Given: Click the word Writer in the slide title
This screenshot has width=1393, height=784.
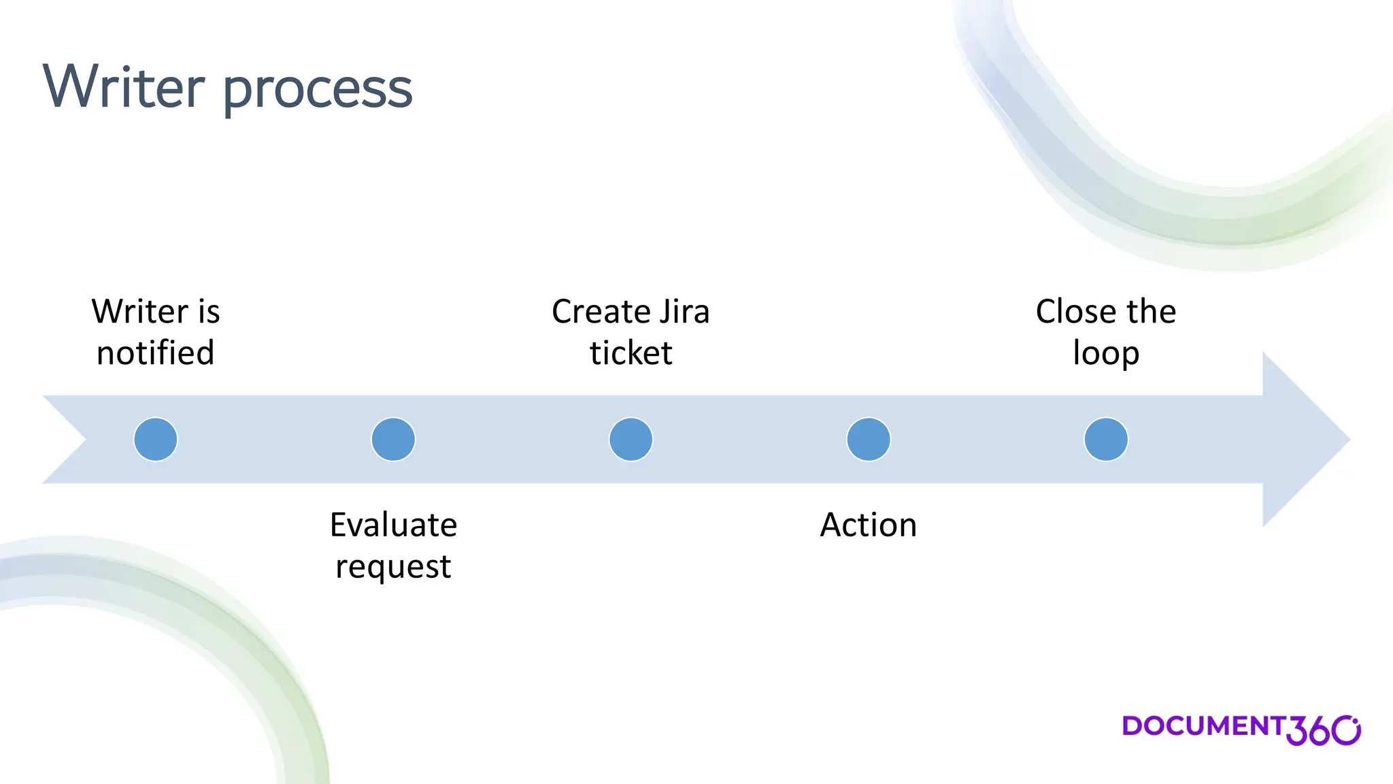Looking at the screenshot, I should [124, 87].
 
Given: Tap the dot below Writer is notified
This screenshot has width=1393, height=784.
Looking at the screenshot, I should [156, 440].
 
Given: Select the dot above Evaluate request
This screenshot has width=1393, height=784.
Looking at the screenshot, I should [393, 440].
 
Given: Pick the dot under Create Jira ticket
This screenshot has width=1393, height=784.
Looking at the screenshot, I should [631, 440].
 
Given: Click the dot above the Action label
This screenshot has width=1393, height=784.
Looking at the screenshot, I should [869, 440].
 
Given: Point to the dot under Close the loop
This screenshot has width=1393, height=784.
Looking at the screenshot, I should [1106, 440].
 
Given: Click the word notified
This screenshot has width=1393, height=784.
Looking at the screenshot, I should [156, 353].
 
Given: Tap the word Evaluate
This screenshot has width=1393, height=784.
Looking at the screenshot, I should [393, 525].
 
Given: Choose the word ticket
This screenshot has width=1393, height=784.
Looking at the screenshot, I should [631, 353].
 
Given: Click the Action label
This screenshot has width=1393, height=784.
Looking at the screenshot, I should [869, 525].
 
